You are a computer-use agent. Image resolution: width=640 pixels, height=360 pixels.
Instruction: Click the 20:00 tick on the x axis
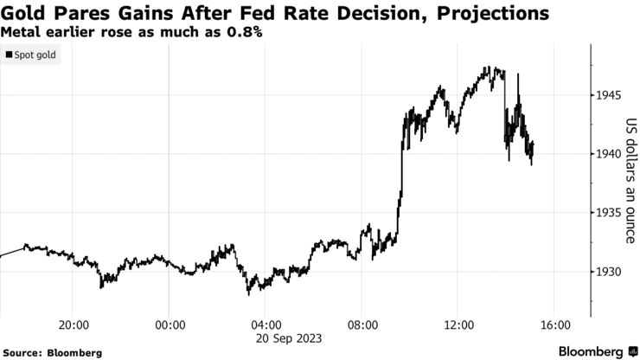(x=74, y=325)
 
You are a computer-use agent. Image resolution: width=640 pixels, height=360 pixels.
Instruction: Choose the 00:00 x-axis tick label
(x=170, y=325)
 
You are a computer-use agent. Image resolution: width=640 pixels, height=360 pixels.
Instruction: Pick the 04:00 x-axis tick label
(x=266, y=325)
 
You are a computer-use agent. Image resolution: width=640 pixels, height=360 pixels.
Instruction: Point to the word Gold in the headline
(x=21, y=14)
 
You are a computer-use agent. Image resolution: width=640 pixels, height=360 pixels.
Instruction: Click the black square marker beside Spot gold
(x=9, y=55)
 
